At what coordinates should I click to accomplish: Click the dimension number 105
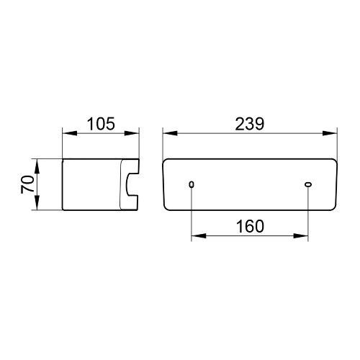(x=101, y=124)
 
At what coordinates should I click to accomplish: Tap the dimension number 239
(x=250, y=124)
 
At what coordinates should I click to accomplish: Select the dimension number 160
(x=250, y=226)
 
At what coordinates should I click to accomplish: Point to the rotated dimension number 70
(x=27, y=184)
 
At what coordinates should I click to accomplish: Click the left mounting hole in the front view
(x=192, y=184)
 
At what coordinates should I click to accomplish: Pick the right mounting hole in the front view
(x=308, y=184)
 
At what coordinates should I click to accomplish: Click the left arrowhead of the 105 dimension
(x=70, y=133)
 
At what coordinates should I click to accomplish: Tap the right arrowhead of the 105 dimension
(x=132, y=133)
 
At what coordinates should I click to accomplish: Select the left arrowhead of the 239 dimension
(x=170, y=133)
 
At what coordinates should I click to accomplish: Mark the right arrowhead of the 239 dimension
(x=330, y=133)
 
